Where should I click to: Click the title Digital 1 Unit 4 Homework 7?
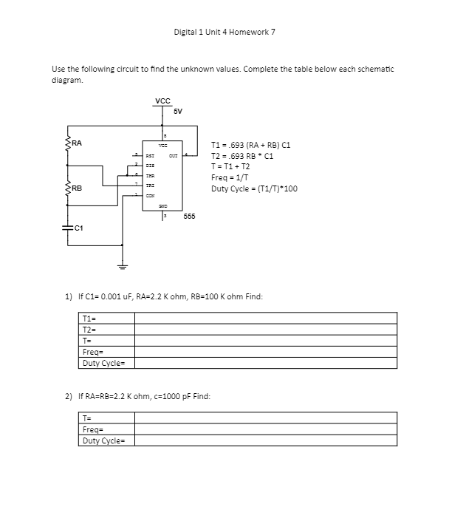tap(224, 32)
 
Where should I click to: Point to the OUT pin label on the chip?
tap(173, 156)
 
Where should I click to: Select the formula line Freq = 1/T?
tap(230, 177)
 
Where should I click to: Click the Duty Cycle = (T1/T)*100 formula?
tap(254, 188)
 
